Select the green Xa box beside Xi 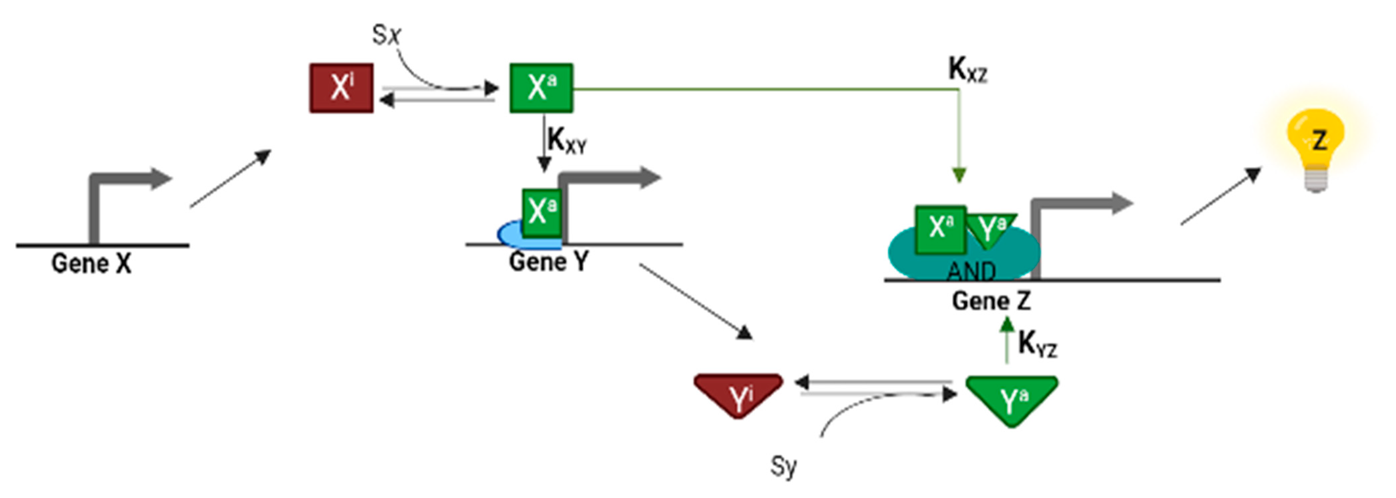tap(541, 88)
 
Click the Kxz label tap(967, 70)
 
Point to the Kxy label tap(566, 141)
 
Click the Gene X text tap(91, 264)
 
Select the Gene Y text tap(548, 262)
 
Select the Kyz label tap(1037, 344)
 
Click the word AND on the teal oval tap(971, 271)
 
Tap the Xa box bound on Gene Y tap(541, 212)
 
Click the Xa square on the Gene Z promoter tap(940, 229)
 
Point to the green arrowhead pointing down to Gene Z tap(959, 175)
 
